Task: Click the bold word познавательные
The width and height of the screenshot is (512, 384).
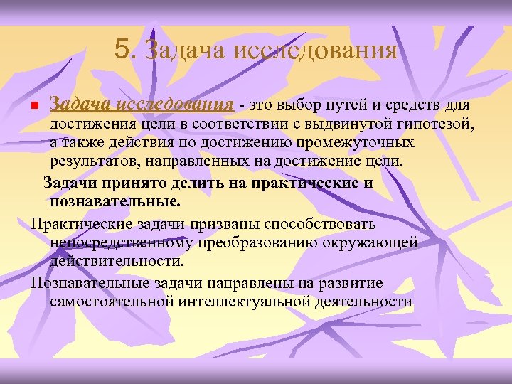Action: tap(114, 201)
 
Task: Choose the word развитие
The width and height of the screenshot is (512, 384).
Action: tap(349, 283)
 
